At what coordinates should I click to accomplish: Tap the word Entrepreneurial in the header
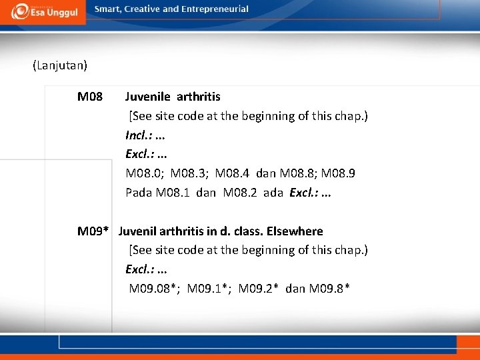(213, 9)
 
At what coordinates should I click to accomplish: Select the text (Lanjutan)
(60, 66)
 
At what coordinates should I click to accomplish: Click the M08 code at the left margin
(90, 97)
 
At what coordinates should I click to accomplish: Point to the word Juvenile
(147, 97)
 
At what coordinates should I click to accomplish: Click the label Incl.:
(139, 135)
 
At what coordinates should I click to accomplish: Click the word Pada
(139, 193)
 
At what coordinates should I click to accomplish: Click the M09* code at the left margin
(93, 231)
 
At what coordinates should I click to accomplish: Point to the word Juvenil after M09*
(139, 231)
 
